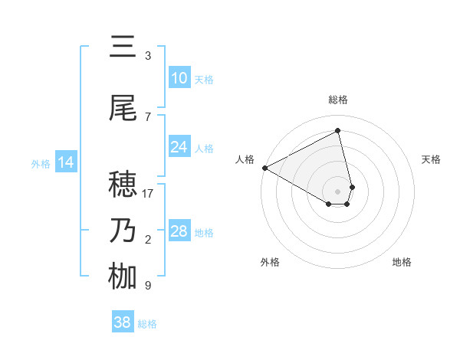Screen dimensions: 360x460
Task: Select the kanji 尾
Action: pyautogui.click(x=123, y=108)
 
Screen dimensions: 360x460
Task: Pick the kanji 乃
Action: pyautogui.click(x=123, y=231)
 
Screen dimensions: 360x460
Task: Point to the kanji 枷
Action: pyautogui.click(x=123, y=277)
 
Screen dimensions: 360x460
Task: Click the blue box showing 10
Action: pyautogui.click(x=179, y=78)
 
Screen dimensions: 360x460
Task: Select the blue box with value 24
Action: pyautogui.click(x=179, y=147)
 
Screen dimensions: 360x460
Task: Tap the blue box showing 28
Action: pyautogui.click(x=179, y=231)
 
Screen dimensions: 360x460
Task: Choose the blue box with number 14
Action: pyautogui.click(x=66, y=162)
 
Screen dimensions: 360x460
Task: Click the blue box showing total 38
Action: pyautogui.click(x=123, y=322)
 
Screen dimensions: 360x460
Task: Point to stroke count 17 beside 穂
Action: pyautogui.click(x=148, y=194)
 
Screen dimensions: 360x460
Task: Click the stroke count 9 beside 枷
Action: pyautogui.click(x=148, y=286)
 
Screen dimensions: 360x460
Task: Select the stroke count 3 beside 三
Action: pyautogui.click(x=148, y=56)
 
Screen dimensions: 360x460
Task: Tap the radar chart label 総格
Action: pyautogui.click(x=338, y=100)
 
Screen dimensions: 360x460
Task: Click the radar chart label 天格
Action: pyautogui.click(x=431, y=159)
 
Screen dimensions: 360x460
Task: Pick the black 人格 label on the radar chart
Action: pyautogui.click(x=245, y=159)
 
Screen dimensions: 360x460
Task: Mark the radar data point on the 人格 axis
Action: pyautogui.click(x=264, y=167)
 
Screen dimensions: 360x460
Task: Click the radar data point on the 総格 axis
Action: pyautogui.click(x=338, y=130)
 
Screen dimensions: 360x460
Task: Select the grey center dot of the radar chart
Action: pyautogui.click(x=338, y=190)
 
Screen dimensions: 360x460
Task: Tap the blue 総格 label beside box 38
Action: pyautogui.click(x=147, y=324)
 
